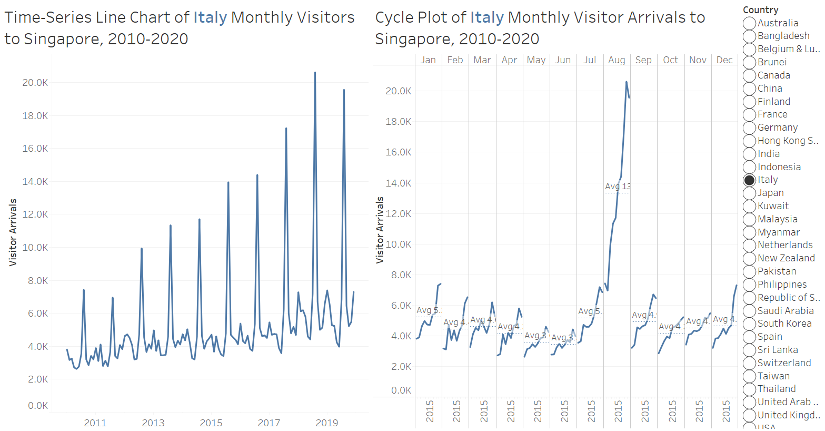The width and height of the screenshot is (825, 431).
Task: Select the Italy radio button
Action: pos(750,180)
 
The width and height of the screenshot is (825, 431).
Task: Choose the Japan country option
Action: pos(750,193)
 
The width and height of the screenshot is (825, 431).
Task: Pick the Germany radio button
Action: pos(750,128)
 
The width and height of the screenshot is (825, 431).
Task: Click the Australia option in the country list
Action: pos(750,23)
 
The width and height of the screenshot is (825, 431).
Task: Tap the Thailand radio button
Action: pos(750,389)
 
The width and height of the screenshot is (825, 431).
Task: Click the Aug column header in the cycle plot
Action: pos(617,60)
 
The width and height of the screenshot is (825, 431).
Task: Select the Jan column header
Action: pos(428,60)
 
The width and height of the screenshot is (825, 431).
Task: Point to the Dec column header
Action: pos(724,60)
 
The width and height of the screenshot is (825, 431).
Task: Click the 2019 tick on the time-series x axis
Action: pos(326,423)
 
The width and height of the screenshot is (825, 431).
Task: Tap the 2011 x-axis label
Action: pos(95,423)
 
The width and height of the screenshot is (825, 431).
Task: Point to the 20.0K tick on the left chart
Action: pos(35,83)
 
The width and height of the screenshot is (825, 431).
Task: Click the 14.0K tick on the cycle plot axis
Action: pos(399,183)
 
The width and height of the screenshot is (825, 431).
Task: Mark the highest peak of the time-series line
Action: pos(315,73)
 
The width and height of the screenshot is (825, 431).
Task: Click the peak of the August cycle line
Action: pos(626,82)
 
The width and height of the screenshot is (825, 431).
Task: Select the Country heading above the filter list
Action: pos(760,10)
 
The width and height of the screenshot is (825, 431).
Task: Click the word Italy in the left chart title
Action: pos(210,17)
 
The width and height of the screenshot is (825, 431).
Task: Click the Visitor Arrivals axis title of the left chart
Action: pos(13,232)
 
